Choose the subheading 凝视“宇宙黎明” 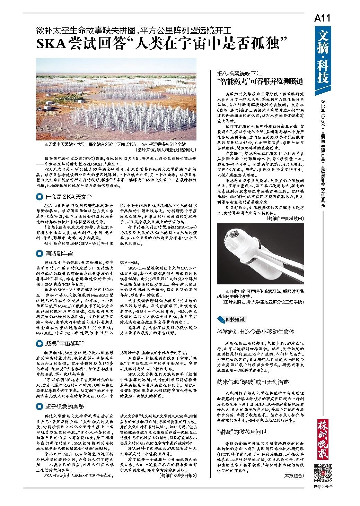[x=65, y=343]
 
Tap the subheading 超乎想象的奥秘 [x=64, y=406]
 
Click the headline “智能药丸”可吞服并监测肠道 [x=260, y=82]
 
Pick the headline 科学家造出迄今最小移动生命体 [x=256, y=332]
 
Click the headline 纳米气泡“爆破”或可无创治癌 [x=253, y=382]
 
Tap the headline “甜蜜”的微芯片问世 [x=242, y=432]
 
